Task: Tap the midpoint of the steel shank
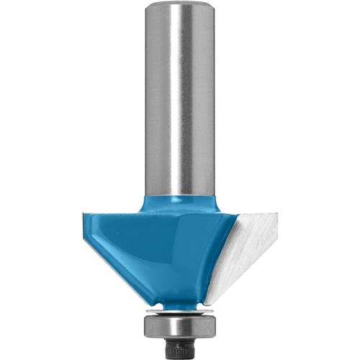[180, 101]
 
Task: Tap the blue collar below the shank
[180, 204]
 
